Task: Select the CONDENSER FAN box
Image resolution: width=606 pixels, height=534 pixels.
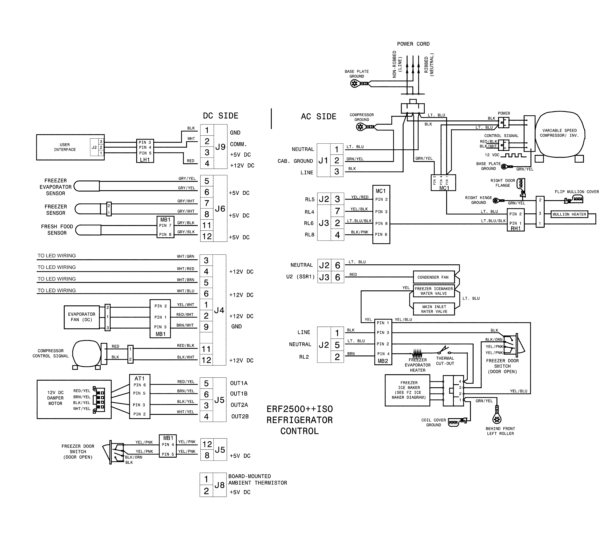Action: pos(433,277)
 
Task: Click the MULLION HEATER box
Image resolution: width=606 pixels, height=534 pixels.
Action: pos(569,214)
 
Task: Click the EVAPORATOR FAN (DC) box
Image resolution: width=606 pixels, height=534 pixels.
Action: pos(81,317)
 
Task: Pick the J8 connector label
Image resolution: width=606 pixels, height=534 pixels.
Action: pos(220,485)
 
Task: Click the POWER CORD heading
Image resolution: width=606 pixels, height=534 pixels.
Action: pos(413,44)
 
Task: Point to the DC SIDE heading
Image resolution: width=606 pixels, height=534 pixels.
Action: pos(221,116)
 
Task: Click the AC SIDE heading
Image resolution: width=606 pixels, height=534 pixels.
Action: pos(318,117)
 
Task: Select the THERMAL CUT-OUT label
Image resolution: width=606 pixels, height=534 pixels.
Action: pos(445,361)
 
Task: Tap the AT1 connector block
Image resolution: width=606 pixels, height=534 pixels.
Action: pos(140,396)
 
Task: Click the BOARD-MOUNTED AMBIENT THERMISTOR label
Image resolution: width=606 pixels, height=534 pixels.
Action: pos(257,479)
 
